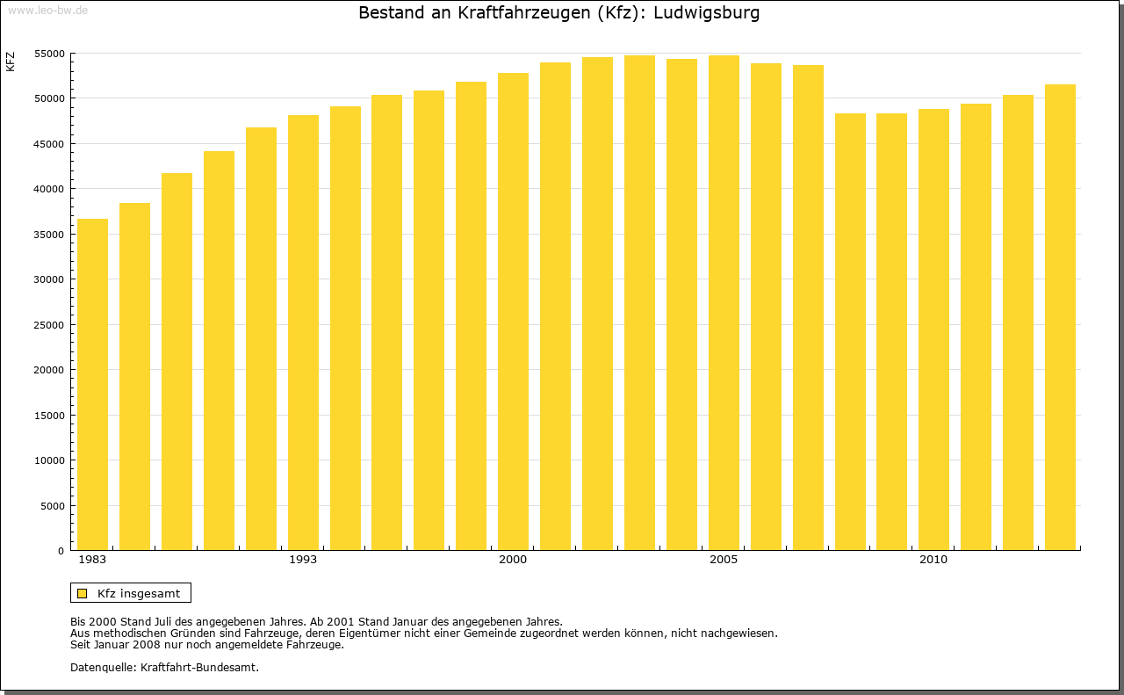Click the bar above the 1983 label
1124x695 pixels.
tap(92, 385)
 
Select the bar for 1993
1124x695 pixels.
tap(303, 333)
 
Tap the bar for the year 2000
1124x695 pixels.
tap(513, 312)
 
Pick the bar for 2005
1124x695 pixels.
tap(724, 303)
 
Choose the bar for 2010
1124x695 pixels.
tap(933, 329)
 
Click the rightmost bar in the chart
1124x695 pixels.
tap(1060, 317)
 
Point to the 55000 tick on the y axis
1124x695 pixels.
tap(51, 54)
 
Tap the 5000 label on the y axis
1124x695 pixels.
tap(54, 506)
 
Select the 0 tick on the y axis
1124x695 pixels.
tap(61, 551)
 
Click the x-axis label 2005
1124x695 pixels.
tap(724, 560)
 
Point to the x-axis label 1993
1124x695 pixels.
tap(303, 560)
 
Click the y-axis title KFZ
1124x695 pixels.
tap(11, 62)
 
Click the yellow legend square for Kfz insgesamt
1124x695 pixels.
tap(82, 593)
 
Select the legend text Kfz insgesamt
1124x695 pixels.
tap(139, 593)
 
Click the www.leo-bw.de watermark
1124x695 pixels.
tap(47, 10)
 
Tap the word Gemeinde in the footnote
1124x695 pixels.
tap(478, 633)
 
